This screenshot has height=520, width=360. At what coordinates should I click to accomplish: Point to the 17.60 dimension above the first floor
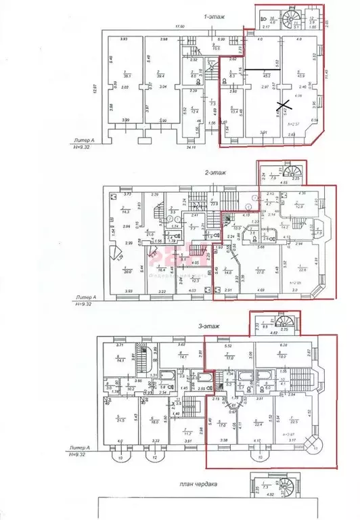point(179,27)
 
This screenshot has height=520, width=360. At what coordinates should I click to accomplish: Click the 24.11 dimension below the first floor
point(192,147)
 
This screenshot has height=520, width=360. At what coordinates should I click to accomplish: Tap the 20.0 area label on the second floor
point(127,272)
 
